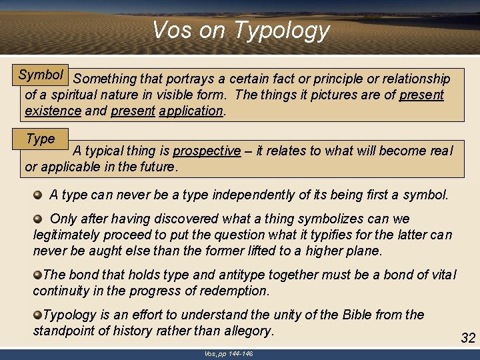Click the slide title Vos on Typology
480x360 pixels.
(241, 30)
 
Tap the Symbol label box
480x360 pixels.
(41, 75)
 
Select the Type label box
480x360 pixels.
(41, 139)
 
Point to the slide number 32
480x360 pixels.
(468, 338)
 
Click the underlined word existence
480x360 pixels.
(53, 111)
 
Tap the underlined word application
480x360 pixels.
(191, 111)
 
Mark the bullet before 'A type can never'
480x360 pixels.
(39, 195)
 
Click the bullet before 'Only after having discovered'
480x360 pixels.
(39, 219)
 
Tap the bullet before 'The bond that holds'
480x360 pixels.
(38, 275)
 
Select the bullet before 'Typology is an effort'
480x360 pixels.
(38, 315)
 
